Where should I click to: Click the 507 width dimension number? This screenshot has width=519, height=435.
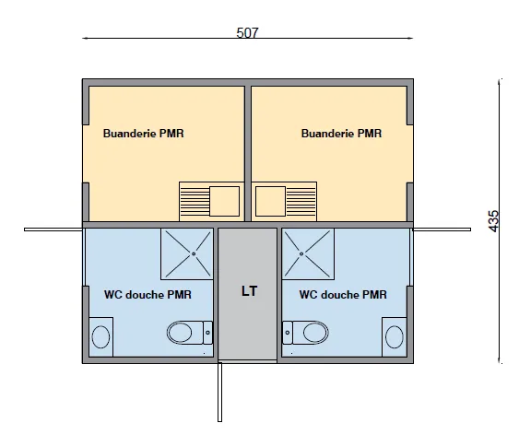coord(247,32)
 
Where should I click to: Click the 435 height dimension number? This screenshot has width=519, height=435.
coord(493,221)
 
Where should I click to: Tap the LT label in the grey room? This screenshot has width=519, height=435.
coord(249,291)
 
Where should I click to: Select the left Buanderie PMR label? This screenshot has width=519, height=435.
coord(143,134)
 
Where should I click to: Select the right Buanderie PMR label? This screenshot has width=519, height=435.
coord(341,134)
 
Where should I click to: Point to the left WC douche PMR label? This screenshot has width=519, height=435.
coord(147,294)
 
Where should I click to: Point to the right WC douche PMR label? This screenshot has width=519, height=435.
coord(343,294)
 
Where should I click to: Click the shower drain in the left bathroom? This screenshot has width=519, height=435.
coord(194,253)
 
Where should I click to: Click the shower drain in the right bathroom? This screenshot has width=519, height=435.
coord(301,253)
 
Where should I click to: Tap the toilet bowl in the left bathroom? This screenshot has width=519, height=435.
coord(180,333)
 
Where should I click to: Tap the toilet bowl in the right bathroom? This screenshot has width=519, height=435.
coord(316,332)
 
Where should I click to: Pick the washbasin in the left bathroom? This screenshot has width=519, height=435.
coord(100,336)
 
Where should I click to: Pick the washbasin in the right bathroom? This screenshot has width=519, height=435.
coord(395,336)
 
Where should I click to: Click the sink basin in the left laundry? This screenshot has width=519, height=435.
coord(224,201)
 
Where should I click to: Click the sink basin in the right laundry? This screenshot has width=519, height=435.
coord(270,201)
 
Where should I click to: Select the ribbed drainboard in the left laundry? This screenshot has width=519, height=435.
coord(195,201)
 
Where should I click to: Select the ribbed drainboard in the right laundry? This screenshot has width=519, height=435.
coord(301,201)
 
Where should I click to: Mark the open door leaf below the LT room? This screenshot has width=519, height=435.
coord(219,392)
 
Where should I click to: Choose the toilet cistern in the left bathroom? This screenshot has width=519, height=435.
coord(207,333)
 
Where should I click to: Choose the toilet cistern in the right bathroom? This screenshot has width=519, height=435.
coord(288,333)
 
